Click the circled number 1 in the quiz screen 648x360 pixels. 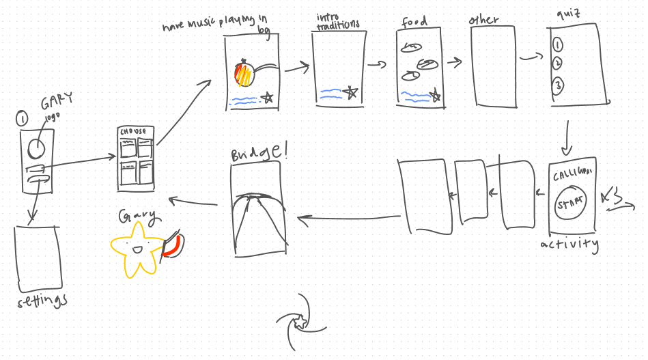558,46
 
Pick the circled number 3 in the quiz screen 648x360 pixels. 559,86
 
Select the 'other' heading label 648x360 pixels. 484,20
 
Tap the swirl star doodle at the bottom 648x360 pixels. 298,320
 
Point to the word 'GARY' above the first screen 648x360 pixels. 55,104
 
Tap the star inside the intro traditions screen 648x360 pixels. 351,92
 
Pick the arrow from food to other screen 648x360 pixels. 453,64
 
